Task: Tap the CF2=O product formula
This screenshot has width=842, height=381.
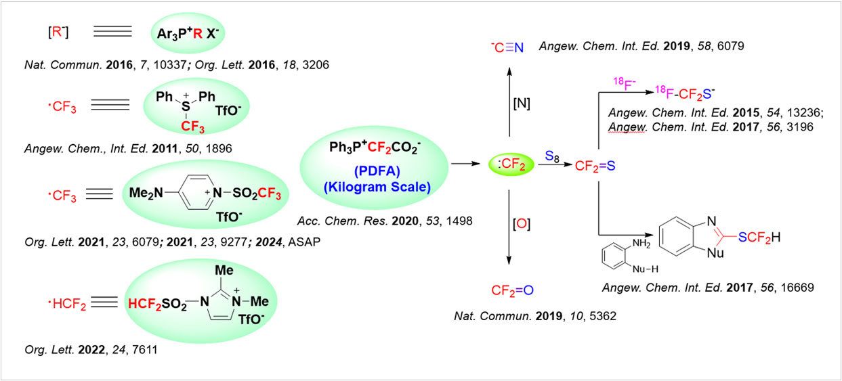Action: click(513, 291)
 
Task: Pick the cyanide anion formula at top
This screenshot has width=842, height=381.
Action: click(507, 47)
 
